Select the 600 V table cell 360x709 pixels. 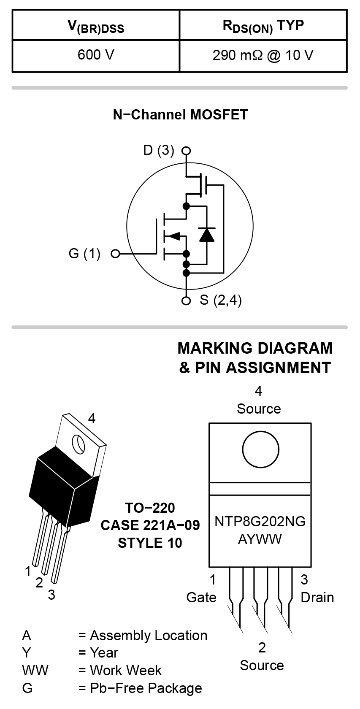(x=96, y=55)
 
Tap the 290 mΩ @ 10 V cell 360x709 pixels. (x=263, y=55)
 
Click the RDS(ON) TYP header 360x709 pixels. (x=263, y=26)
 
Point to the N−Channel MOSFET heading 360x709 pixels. (x=180, y=115)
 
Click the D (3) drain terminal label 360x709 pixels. (x=158, y=150)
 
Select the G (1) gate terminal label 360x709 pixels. (x=84, y=254)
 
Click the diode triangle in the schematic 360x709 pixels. (x=207, y=234)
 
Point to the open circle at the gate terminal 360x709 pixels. (x=115, y=254)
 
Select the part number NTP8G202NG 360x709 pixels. (x=260, y=521)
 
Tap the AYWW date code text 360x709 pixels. (x=260, y=539)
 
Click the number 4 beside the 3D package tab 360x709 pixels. (x=92, y=418)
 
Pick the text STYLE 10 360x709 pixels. (x=150, y=543)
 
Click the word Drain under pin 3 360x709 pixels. (x=317, y=598)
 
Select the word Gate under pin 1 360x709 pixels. (x=201, y=598)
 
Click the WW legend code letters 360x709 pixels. (x=35, y=671)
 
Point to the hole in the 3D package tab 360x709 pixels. (x=78, y=443)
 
